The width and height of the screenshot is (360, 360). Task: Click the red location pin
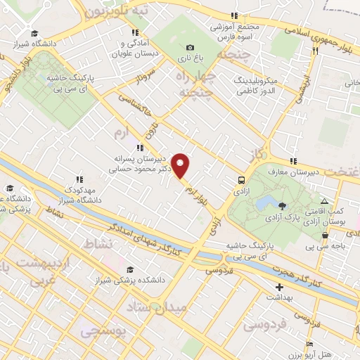[x=181, y=166]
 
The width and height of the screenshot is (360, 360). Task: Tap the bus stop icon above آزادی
[x=241, y=179]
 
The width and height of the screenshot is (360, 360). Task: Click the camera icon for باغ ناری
[x=189, y=47]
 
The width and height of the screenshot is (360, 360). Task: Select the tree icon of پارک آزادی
[x=282, y=206]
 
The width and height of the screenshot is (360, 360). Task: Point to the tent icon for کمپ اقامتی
[x=324, y=201]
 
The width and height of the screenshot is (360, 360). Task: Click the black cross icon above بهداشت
[x=279, y=287]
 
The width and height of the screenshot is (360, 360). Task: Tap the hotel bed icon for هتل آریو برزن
[x=310, y=343]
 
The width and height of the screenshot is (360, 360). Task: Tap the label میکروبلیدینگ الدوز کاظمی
[x=257, y=86]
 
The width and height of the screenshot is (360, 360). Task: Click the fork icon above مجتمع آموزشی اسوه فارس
[x=234, y=15]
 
